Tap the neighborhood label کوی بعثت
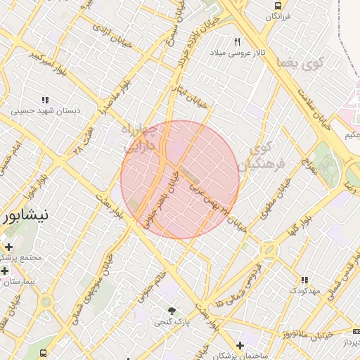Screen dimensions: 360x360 click(302, 63)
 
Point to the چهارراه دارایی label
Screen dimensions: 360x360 click(140, 139)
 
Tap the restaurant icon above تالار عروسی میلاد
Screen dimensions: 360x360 click(237, 41)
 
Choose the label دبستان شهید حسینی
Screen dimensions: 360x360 click(46, 111)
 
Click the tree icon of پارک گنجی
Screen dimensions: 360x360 click(172, 310)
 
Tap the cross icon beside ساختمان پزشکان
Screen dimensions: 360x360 click(240, 345)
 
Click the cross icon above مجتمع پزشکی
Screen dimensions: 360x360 click(8, 247)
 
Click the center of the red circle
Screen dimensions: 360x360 click(180, 179)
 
